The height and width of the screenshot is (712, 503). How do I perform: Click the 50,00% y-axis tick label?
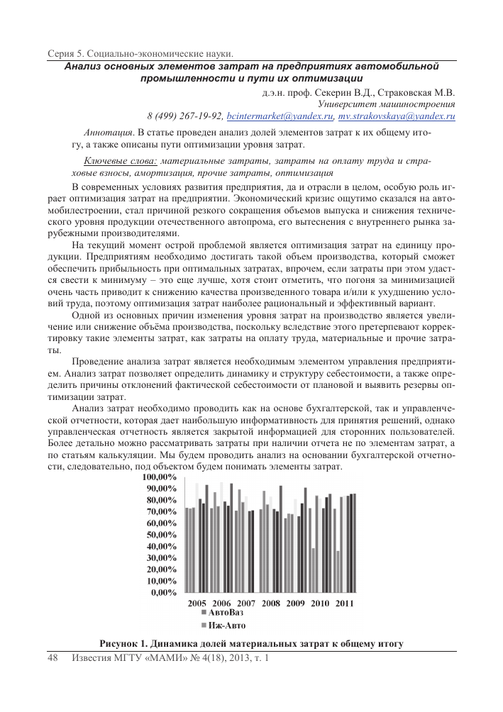coord(162,535)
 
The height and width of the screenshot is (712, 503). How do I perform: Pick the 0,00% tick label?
coord(165,592)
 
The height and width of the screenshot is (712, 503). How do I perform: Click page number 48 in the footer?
coord(52,660)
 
